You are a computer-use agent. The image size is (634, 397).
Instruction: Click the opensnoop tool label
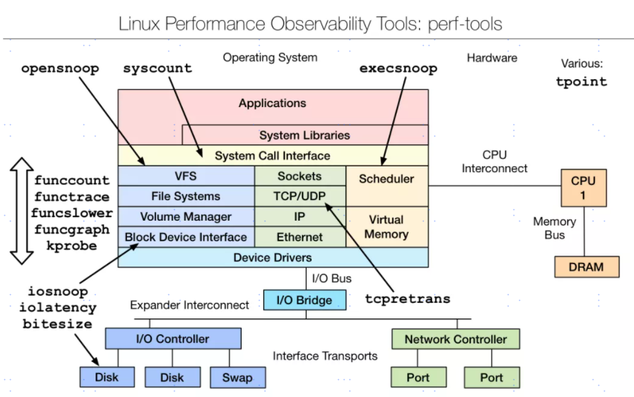(x=60, y=69)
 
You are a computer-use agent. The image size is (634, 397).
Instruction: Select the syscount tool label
(x=158, y=69)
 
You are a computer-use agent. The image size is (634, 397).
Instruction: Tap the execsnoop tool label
(x=398, y=69)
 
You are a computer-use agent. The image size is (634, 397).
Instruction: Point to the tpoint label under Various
(x=581, y=81)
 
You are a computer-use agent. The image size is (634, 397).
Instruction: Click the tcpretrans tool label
(x=407, y=298)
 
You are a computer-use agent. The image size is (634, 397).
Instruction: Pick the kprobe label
(x=72, y=245)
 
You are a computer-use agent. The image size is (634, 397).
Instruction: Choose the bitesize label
(x=58, y=323)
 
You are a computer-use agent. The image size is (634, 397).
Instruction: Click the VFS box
(x=186, y=176)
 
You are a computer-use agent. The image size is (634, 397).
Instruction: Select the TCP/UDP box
(x=300, y=196)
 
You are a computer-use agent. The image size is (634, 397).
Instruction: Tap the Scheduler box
(x=387, y=179)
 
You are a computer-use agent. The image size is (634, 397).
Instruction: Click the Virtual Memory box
(x=387, y=226)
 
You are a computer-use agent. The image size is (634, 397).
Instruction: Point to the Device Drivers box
(x=272, y=257)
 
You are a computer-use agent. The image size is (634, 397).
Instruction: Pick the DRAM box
(x=587, y=267)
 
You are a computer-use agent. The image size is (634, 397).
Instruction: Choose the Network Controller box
(x=456, y=339)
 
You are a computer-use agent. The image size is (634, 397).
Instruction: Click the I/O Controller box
(x=173, y=339)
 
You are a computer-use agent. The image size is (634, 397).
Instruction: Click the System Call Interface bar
(x=272, y=156)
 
